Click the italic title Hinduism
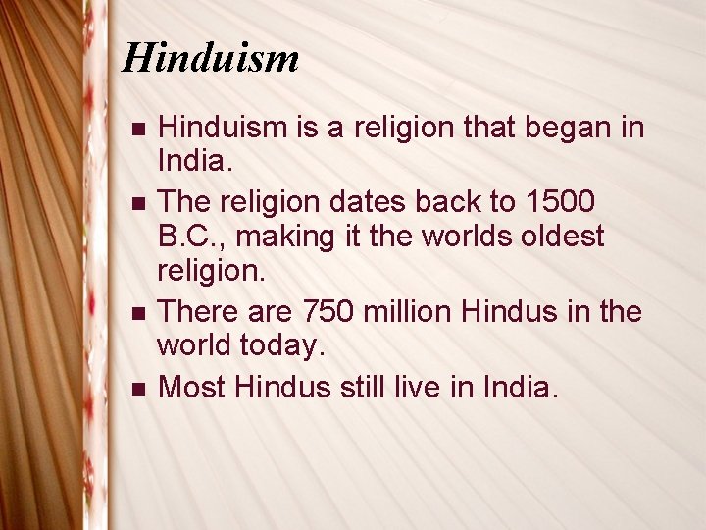(210, 59)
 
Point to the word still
(366, 387)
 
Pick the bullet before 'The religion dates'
(137, 203)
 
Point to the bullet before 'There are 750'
(137, 313)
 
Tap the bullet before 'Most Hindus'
(137, 389)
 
